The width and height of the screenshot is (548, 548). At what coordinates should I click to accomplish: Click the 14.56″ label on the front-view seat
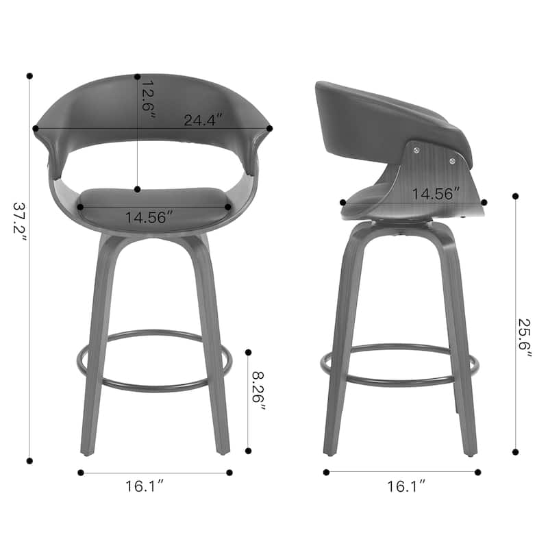click(x=149, y=217)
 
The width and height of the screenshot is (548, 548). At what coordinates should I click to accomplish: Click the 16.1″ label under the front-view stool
click(x=145, y=487)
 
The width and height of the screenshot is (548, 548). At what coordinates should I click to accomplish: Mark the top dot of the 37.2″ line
click(x=29, y=75)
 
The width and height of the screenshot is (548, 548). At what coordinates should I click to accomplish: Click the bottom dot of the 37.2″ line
click(x=29, y=460)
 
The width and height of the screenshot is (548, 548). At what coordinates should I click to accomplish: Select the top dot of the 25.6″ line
click(x=515, y=196)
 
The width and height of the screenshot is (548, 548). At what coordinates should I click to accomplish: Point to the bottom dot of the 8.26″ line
click(x=248, y=451)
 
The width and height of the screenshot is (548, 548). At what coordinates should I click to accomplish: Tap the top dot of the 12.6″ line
click(x=138, y=77)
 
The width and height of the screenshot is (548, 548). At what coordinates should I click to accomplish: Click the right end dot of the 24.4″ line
click(x=270, y=128)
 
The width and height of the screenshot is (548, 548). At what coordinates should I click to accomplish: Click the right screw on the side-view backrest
click(x=452, y=160)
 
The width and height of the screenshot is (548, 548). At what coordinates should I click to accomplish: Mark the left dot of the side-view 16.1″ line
click(x=326, y=472)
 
